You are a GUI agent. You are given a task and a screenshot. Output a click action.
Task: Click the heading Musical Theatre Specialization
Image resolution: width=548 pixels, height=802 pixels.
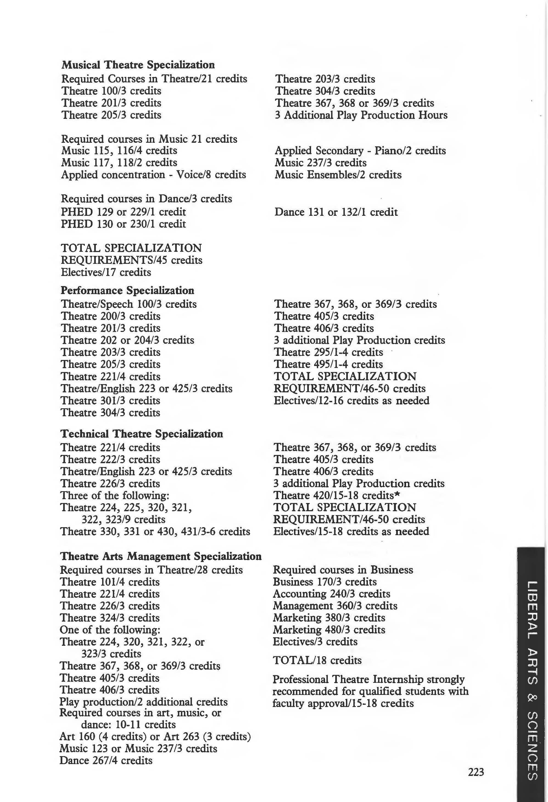tap(138, 65)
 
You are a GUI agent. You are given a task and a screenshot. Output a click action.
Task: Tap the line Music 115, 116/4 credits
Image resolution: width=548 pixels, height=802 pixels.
tap(119, 150)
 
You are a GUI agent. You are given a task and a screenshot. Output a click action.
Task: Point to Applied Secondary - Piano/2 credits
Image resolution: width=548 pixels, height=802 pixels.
tap(360, 150)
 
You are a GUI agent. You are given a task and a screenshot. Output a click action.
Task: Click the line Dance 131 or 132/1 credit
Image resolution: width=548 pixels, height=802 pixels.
tap(336, 212)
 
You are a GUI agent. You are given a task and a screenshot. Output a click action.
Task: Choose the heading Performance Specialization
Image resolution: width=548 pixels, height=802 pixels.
tap(127, 290)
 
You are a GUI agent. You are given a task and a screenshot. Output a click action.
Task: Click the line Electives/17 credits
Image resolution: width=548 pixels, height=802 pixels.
tap(106, 272)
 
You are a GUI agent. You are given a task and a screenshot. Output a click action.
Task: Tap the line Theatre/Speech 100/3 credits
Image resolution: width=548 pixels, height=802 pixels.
tap(129, 304)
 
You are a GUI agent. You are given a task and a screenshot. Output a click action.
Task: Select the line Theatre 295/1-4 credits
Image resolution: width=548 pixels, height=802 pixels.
tap(328, 352)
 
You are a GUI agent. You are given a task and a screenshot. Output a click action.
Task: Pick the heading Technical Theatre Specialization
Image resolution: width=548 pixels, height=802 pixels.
tap(141, 434)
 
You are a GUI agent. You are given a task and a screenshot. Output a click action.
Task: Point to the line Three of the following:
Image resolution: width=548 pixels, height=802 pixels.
tap(114, 496)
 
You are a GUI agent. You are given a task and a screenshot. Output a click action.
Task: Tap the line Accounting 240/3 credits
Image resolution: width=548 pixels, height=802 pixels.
tap(331, 594)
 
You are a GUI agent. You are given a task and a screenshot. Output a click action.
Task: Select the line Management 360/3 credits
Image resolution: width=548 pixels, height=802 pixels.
tap(335, 606)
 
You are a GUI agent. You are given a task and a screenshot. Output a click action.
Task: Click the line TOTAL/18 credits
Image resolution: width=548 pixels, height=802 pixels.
tap(317, 660)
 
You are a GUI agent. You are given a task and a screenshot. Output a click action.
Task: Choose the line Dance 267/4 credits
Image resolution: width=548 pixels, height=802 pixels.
tap(106, 760)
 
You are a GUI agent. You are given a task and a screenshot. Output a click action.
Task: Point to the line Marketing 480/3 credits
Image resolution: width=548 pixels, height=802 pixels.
tap(329, 630)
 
